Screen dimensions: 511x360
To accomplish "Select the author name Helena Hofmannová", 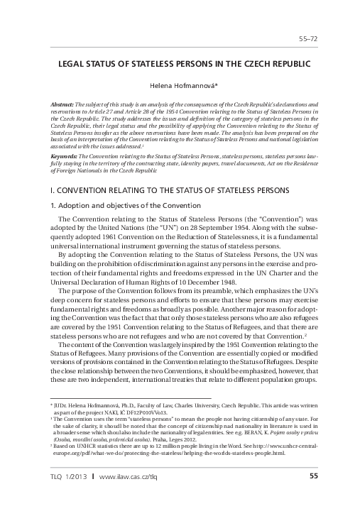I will (180, 84).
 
